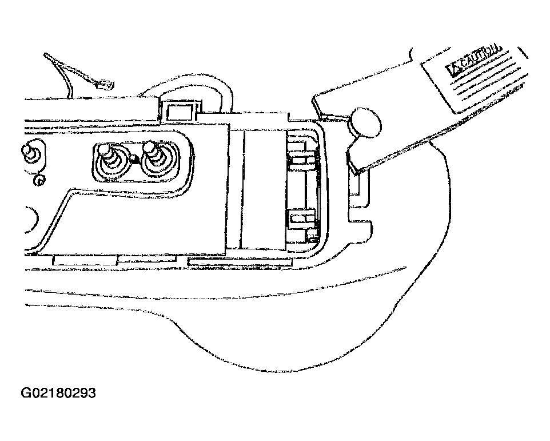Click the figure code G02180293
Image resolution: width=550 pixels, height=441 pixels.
(58, 393)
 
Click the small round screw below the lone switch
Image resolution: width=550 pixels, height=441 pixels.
(39, 180)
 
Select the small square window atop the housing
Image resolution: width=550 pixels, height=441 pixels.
(181, 112)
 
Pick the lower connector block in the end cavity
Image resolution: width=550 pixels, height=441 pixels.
(302, 225)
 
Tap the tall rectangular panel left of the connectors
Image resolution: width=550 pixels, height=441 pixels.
(264, 189)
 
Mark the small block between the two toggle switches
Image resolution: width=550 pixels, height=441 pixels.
(134, 160)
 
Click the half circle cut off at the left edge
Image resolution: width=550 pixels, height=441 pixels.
(31, 219)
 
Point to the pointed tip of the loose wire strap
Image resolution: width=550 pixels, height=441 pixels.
(45, 54)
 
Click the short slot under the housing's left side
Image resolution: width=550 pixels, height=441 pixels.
(85, 260)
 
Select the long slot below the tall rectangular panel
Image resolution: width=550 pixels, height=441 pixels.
(241, 262)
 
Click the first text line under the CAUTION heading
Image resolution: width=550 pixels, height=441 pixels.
(483, 71)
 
